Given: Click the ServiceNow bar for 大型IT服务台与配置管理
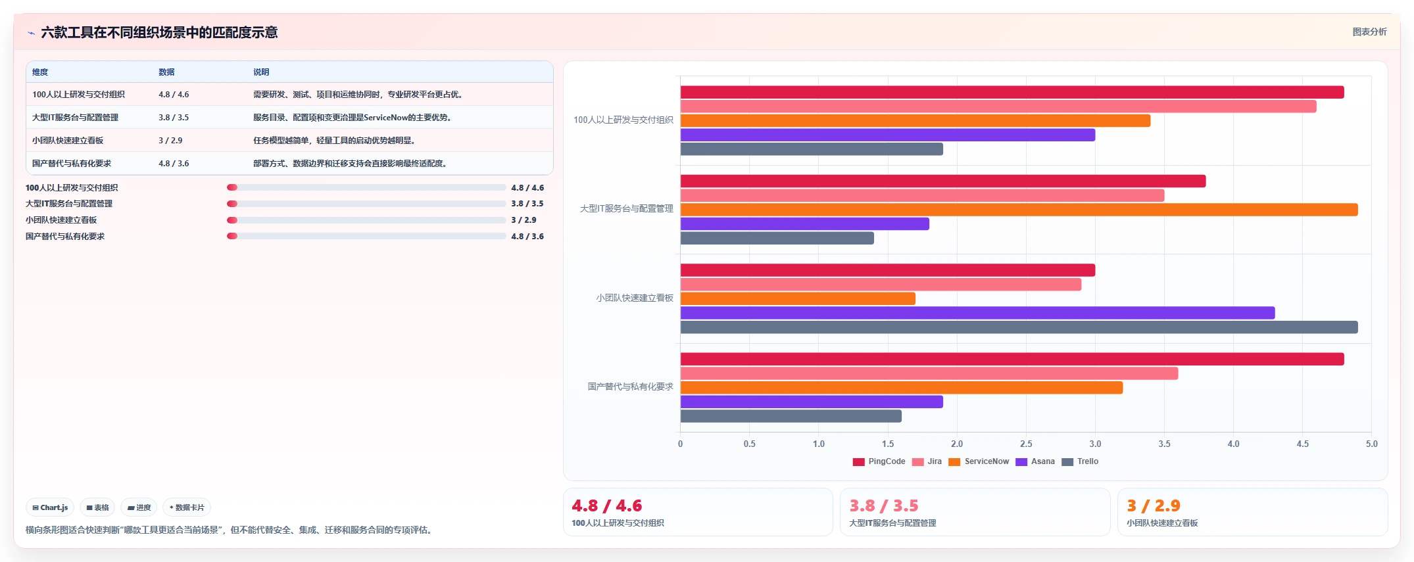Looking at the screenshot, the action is (1019, 210).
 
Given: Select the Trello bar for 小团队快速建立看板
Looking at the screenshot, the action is (1019, 327).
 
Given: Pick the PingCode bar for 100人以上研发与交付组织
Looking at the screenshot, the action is (1012, 93).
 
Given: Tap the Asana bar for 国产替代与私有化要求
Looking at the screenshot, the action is (812, 402).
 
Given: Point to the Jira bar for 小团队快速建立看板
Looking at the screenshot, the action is (881, 284).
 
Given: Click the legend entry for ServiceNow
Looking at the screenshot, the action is (979, 461).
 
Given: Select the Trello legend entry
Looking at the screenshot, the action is (1080, 461).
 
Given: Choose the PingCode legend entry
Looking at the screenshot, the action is (879, 461).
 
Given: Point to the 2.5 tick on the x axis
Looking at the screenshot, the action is (1026, 444).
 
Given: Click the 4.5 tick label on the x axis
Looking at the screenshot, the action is (1302, 444).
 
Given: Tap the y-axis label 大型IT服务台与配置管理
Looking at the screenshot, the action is (626, 208).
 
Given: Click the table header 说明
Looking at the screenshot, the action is (261, 72).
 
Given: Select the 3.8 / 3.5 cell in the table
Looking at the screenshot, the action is (174, 118).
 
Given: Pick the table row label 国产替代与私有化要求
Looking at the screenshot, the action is (72, 164).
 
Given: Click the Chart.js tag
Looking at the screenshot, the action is (50, 507).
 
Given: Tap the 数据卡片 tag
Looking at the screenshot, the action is (187, 507).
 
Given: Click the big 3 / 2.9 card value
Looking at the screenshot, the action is (1154, 505).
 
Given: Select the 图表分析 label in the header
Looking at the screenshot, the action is (1369, 32).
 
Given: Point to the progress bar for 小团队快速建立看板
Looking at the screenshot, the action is (366, 220).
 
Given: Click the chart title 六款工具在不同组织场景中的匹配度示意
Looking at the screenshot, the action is (159, 32).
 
